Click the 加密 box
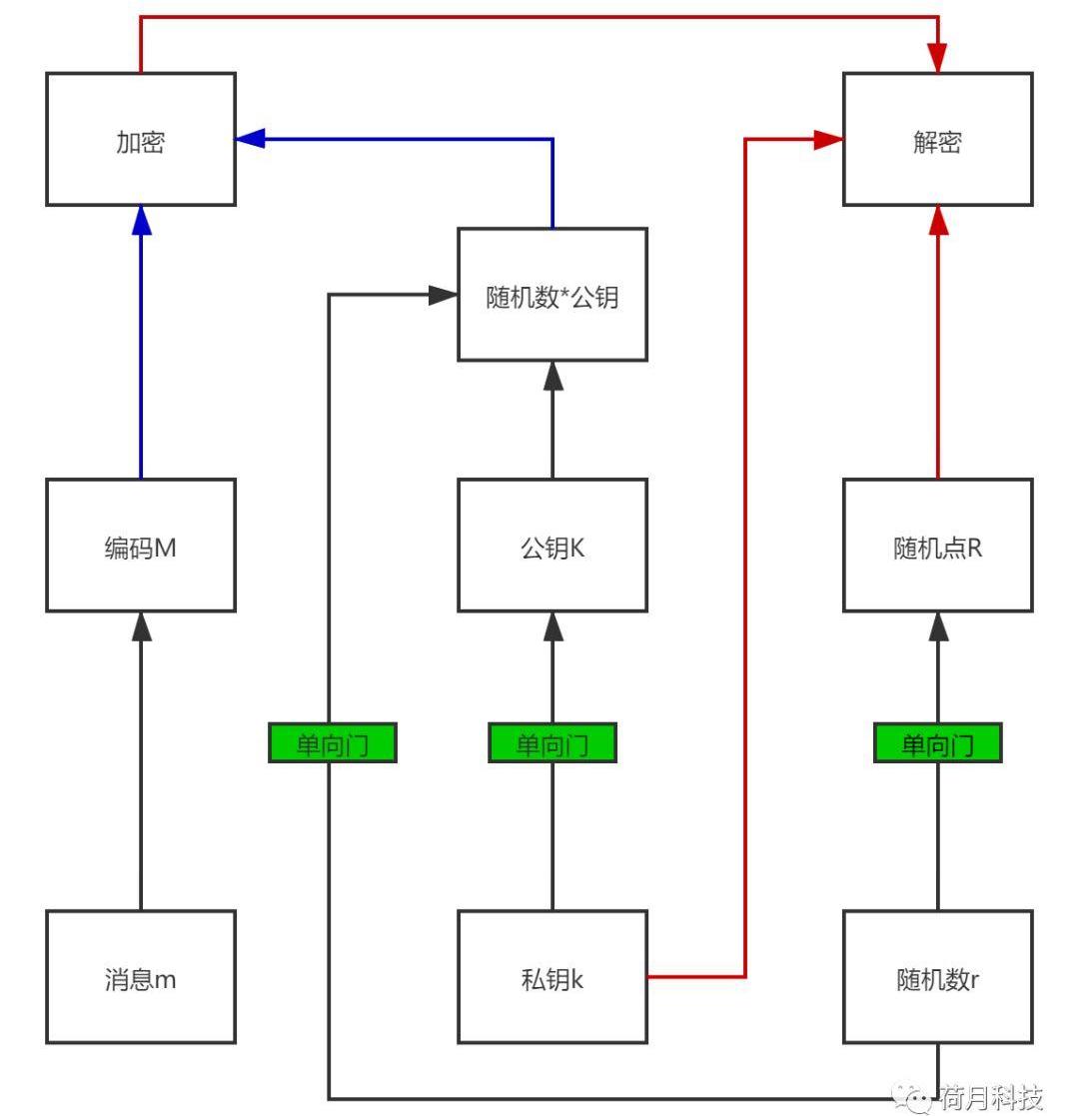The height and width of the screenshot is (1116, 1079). point(141,140)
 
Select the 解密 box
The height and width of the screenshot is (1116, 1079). point(937,140)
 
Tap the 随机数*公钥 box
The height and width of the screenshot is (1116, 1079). point(552,295)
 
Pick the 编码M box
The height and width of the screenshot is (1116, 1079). point(141,546)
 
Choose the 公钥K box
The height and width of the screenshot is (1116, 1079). point(552,546)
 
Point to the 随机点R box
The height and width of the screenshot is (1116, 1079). point(937,546)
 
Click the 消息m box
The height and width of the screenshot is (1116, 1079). point(141,977)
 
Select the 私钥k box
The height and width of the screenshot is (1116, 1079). point(552,977)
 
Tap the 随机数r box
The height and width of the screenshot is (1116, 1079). point(937,977)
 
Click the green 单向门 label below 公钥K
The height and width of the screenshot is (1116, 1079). point(552,744)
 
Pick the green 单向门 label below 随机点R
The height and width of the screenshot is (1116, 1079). point(937,744)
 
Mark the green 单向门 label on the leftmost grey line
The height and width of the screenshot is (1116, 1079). point(333,744)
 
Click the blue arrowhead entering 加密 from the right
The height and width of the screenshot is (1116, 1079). point(251,139)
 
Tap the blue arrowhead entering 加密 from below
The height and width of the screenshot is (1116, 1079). point(141,220)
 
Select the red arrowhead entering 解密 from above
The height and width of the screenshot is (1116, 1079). point(938,59)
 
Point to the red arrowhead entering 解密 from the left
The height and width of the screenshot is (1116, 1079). point(828,140)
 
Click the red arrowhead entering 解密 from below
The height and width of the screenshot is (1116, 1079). point(937,220)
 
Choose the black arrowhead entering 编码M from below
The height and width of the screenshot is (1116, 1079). point(141,626)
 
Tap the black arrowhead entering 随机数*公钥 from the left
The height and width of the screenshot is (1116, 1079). point(443,296)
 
